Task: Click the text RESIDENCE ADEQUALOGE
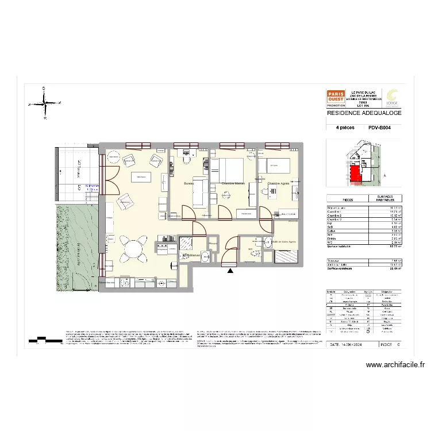(364, 113)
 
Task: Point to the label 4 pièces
(344, 129)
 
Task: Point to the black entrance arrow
(230, 270)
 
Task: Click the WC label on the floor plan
(251, 249)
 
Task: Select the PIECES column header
(348, 199)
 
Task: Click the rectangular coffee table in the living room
(140, 176)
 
